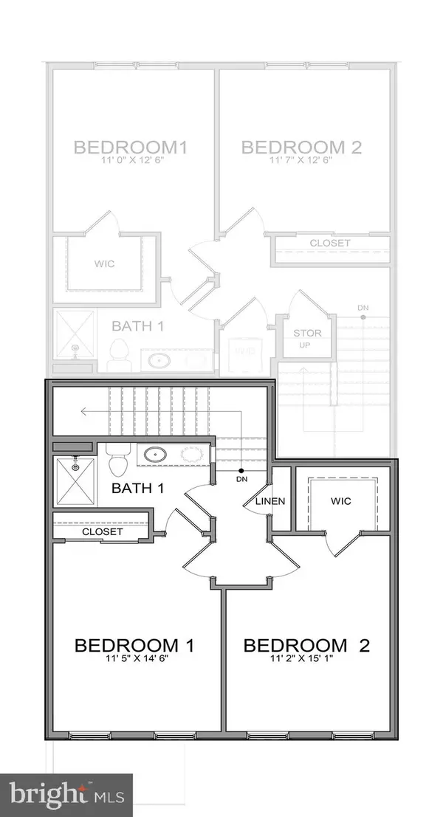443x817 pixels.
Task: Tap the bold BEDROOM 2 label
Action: [x=306, y=646]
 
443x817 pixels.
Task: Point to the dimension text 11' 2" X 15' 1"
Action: [x=306, y=661]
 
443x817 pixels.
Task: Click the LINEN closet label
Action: [x=270, y=501]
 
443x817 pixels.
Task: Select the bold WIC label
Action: [x=341, y=501]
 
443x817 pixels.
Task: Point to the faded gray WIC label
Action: [x=106, y=263]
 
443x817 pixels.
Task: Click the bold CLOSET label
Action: [x=103, y=531]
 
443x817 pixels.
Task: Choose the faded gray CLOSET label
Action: [x=330, y=243]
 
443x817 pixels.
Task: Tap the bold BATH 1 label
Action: [x=137, y=488]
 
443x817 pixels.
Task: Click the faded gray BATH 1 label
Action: [x=137, y=325]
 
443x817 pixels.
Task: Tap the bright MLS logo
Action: [x=66, y=795]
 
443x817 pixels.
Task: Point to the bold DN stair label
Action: [x=241, y=479]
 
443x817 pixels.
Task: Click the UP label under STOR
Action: [x=303, y=345]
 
